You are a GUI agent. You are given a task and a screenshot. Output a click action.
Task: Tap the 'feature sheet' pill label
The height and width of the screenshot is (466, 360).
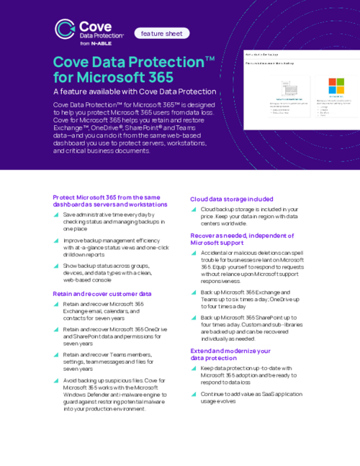pyautogui.click(x=161, y=33)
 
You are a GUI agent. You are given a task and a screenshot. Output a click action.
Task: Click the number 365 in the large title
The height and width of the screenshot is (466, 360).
pyautogui.click(x=156, y=76)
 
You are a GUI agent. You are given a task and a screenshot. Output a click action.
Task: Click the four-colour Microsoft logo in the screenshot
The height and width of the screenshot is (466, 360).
pyautogui.click(x=336, y=86)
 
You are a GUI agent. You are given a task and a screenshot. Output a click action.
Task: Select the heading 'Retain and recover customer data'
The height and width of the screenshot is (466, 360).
pyautogui.click(x=102, y=294)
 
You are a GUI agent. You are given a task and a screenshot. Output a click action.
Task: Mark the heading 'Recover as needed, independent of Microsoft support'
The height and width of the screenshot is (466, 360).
pyautogui.click(x=242, y=239)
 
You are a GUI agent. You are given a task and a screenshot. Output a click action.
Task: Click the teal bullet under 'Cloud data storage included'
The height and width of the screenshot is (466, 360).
pyautogui.click(x=194, y=210)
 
